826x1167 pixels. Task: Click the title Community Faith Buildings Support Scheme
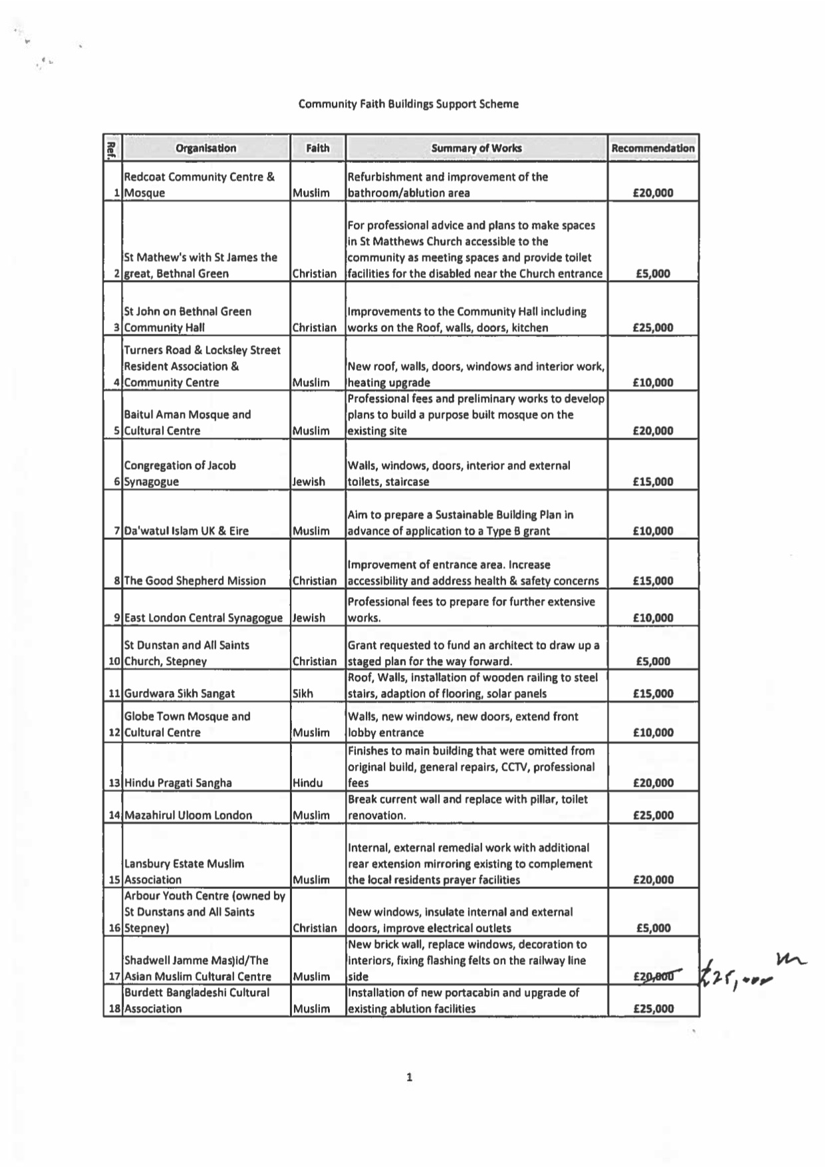pos(408,104)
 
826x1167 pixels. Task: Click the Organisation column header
pos(206,148)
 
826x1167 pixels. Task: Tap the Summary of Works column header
pos(476,148)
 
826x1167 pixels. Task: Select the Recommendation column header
pos(652,148)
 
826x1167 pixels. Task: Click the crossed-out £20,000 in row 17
pos(653,976)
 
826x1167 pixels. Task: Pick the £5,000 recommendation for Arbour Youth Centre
pos(653,928)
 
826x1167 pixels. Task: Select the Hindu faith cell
pos(307,783)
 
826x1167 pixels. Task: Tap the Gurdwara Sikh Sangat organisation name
pos(180,694)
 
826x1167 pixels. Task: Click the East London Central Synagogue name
pos(203,618)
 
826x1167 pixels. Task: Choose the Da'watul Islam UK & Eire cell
pos(186,531)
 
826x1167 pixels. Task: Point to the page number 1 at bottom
pos(409,1077)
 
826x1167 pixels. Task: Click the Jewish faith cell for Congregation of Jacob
pos(309,481)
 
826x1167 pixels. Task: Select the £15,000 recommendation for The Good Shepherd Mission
pos(653,581)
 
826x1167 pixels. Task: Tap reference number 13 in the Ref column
pos(114,783)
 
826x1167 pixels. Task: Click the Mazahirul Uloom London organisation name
pos(188,815)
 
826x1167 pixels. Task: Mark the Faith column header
pos(317,148)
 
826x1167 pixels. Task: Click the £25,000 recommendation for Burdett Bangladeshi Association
pos(653,1009)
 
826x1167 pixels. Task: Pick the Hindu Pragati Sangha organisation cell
pos(178,783)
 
